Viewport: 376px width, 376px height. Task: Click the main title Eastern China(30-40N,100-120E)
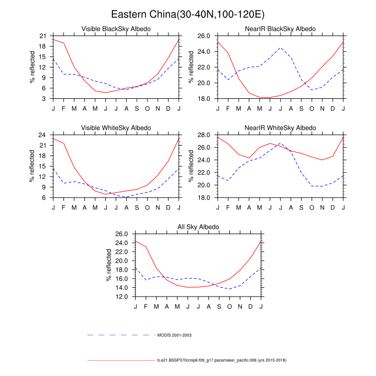click(x=187, y=14)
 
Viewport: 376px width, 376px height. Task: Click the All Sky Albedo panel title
click(x=198, y=227)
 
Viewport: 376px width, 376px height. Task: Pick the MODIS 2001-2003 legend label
click(x=175, y=335)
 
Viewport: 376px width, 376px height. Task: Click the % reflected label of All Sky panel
click(x=110, y=265)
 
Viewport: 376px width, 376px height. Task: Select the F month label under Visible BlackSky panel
click(x=63, y=108)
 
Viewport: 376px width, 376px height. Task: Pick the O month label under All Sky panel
click(x=229, y=306)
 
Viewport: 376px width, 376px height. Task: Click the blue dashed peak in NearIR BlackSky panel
click(x=280, y=48)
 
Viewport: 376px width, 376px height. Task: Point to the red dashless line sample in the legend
click(x=121, y=360)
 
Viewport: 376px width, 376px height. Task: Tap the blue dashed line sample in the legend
click(x=121, y=335)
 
